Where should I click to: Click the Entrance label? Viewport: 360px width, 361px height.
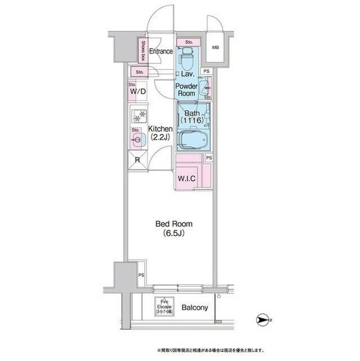[161, 52]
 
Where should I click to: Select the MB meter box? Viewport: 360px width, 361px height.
[215, 48]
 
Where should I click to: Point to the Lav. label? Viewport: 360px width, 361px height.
[188, 73]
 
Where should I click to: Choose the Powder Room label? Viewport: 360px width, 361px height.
[185, 90]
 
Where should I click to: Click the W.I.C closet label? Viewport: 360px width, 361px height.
[186, 179]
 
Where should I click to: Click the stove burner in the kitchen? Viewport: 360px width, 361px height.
[139, 117]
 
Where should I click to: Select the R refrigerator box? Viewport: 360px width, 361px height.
[137, 160]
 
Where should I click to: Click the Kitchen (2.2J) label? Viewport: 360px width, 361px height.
[160, 133]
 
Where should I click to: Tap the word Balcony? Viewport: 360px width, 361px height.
[195, 308]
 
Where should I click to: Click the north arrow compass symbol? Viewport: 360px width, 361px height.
[262, 320]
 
